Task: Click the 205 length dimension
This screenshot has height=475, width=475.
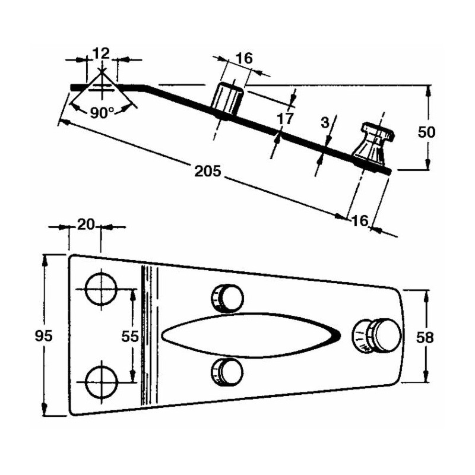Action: [208, 172]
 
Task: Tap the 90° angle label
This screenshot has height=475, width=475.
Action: [102, 113]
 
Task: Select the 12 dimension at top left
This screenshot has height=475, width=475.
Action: [102, 53]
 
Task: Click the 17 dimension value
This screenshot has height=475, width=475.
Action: [285, 118]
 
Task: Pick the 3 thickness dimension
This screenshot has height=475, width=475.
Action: [324, 123]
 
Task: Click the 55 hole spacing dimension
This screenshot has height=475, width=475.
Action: [130, 337]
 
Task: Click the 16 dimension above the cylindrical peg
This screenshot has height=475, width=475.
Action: [244, 58]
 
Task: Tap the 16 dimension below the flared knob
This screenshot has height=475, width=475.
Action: [360, 221]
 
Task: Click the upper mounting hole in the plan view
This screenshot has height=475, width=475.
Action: [102, 289]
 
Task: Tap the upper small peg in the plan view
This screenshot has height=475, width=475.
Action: [227, 297]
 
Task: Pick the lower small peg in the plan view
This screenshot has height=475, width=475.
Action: [227, 371]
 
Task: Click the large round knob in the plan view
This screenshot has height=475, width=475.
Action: [377, 335]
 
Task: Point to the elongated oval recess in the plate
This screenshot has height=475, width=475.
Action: [249, 335]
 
